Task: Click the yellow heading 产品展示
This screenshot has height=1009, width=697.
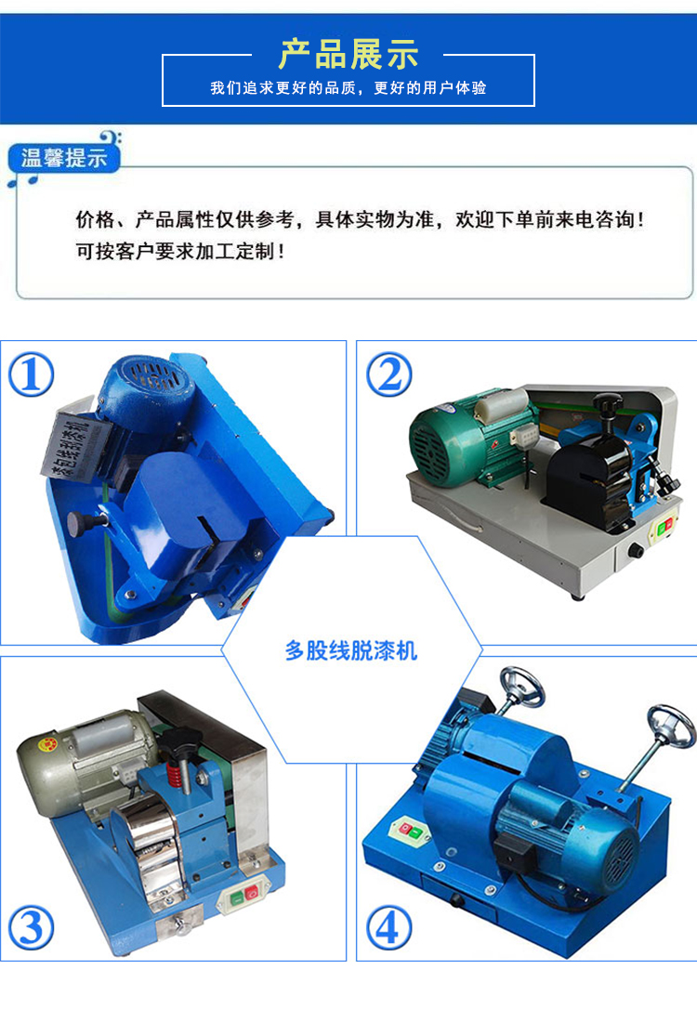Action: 348,55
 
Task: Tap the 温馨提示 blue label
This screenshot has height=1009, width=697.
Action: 63,158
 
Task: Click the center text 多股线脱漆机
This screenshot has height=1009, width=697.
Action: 350,651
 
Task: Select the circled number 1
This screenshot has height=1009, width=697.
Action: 31,374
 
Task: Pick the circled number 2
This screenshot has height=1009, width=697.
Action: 388,374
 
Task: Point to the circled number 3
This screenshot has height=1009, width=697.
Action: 31,927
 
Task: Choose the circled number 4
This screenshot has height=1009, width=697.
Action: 388,927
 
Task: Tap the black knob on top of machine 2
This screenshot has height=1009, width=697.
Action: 606,406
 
